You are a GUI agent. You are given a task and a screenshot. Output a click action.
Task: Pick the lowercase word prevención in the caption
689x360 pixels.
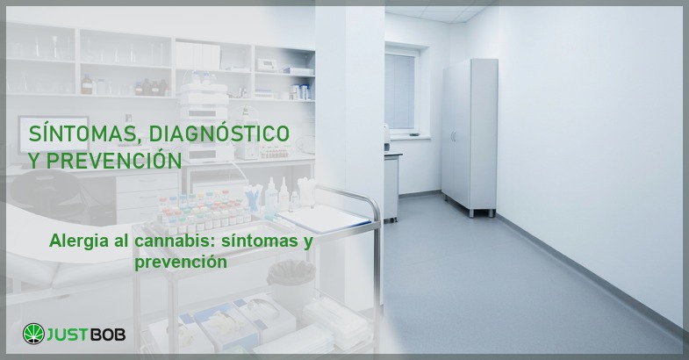click(x=181, y=262)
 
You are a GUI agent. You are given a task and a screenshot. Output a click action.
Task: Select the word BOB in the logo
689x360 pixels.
click(x=106, y=335)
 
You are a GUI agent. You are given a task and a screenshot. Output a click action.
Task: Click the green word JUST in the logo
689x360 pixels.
click(x=68, y=335)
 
